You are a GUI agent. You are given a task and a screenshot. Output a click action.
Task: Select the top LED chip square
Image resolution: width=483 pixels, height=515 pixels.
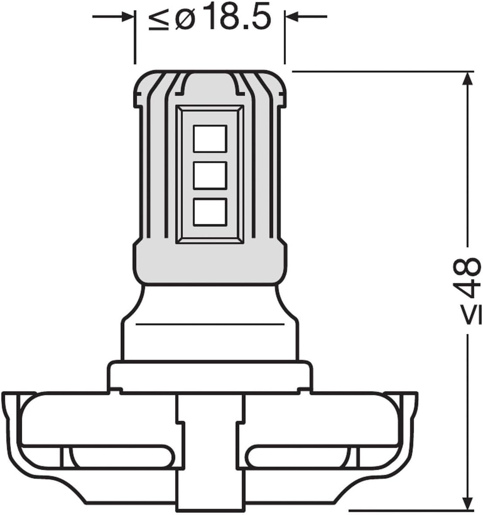tap(210, 138)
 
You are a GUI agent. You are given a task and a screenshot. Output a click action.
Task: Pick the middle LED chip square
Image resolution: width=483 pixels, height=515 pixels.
tap(210, 175)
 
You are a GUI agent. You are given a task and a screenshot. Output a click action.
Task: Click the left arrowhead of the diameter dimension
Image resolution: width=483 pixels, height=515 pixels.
tap(126, 17)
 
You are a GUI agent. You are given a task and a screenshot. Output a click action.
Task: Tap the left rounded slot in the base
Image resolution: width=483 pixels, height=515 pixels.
tap(124, 456)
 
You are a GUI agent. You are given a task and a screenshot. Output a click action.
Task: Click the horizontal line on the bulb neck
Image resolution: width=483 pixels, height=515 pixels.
tap(210, 324)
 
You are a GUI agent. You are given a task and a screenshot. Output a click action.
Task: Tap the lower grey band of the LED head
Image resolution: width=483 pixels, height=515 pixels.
tap(210, 262)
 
